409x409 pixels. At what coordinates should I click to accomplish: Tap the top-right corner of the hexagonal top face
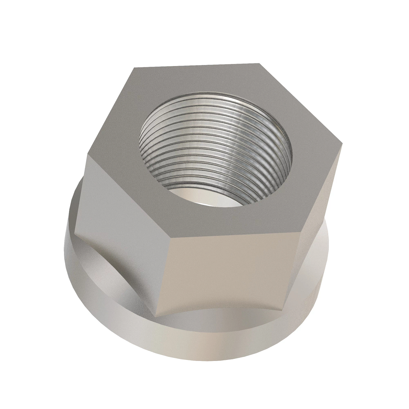tap(259, 63)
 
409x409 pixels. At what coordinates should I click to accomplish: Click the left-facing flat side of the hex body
tap(123, 225)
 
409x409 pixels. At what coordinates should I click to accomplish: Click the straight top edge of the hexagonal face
tap(196, 65)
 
